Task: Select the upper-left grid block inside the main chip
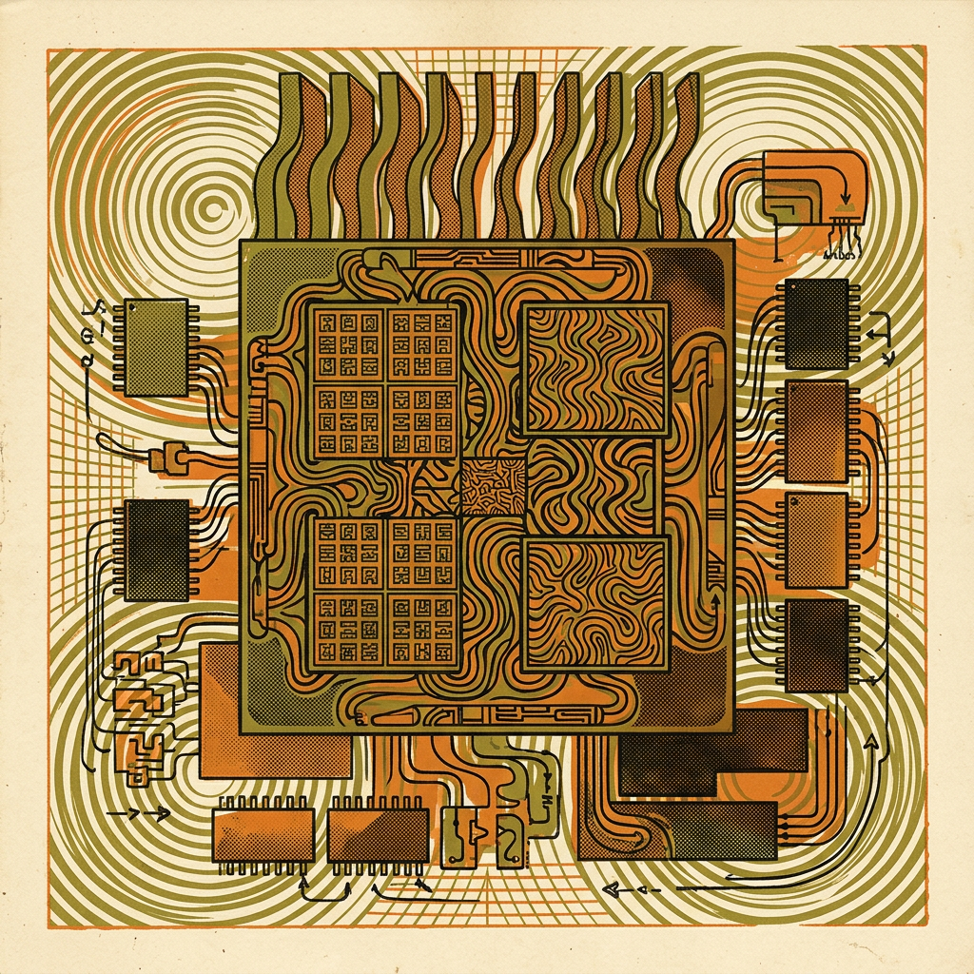[x=385, y=380]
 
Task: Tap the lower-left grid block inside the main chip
[x=385, y=592]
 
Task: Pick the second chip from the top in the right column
[x=816, y=431]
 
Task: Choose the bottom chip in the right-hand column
[x=816, y=645]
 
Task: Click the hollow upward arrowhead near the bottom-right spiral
[x=871, y=743]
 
